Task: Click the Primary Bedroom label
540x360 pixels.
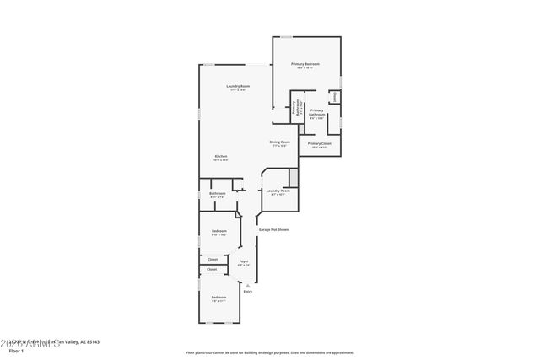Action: tap(305, 64)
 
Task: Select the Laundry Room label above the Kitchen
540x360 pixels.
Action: tap(238, 86)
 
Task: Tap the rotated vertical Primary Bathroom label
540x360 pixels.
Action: tap(294, 109)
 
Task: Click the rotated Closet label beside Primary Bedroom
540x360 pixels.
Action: tap(334, 98)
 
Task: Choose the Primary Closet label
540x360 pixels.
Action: tap(319, 143)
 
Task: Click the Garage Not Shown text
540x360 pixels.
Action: tap(273, 229)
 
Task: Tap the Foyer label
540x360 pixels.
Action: tap(243, 261)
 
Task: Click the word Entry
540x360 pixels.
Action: tap(248, 292)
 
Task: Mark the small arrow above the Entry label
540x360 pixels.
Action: tap(248, 285)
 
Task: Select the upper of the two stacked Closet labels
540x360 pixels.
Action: tap(213, 259)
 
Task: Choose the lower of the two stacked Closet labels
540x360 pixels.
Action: tap(211, 270)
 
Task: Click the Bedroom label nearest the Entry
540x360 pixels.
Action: tap(219, 297)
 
